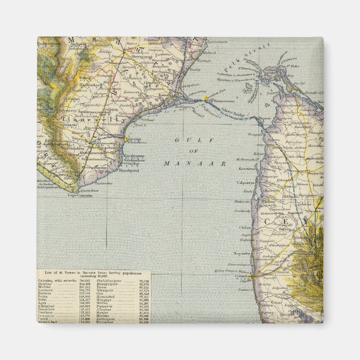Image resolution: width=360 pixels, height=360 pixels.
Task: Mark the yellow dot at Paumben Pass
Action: click(206, 98)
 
